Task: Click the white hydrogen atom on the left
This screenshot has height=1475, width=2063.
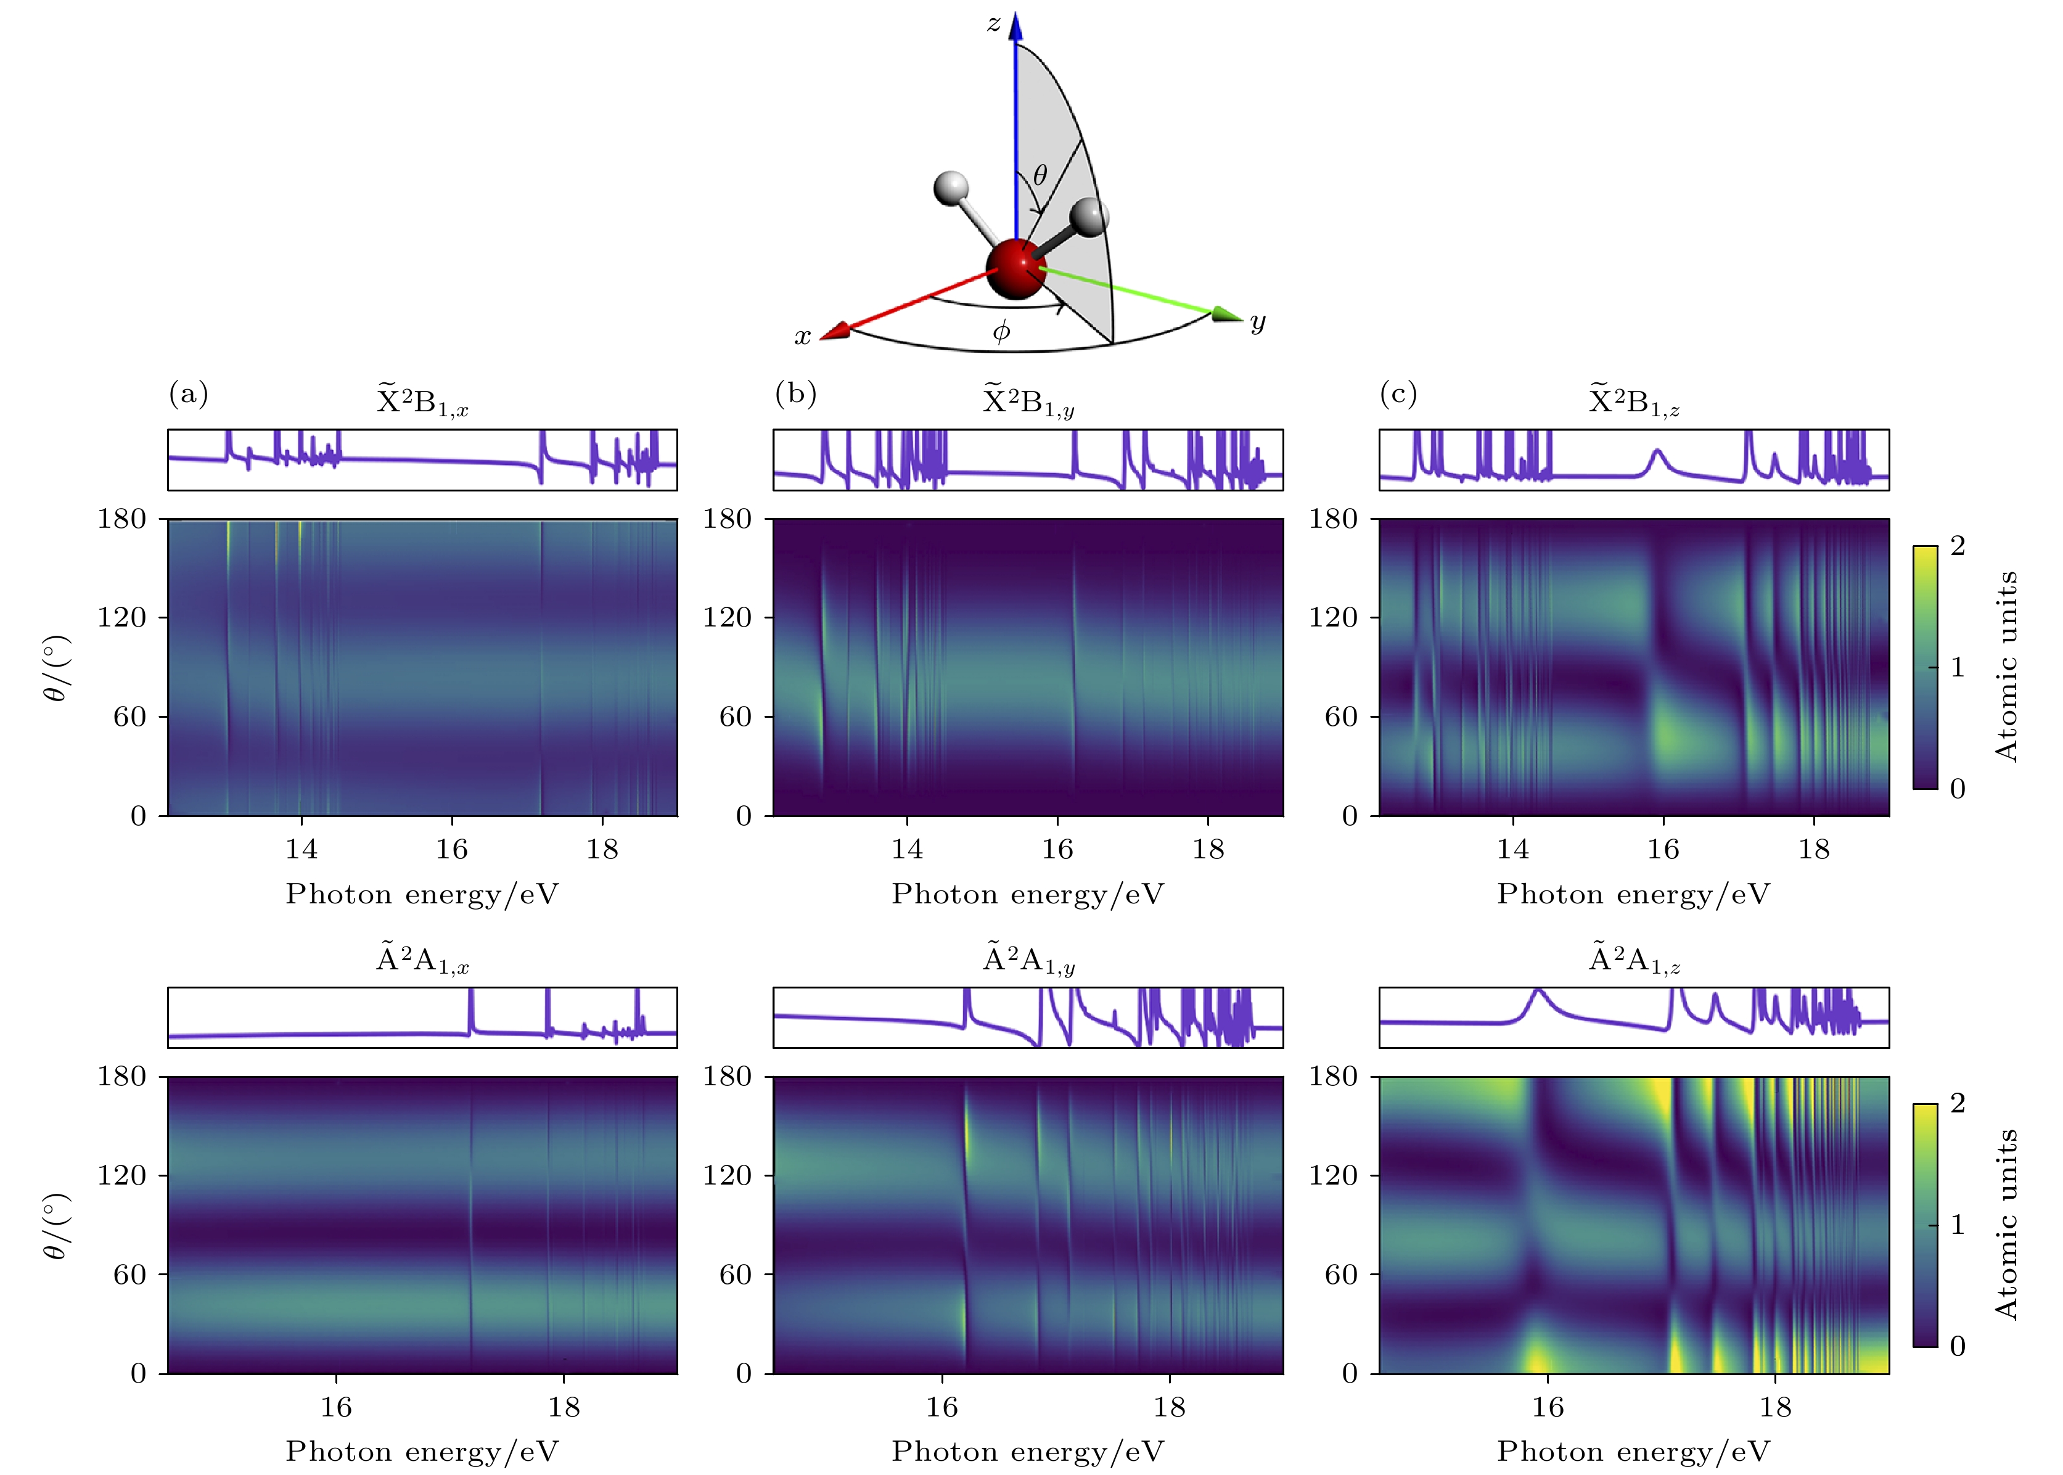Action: [951, 188]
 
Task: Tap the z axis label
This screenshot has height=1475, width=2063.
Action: [995, 23]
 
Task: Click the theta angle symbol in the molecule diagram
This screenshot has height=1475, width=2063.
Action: [1041, 175]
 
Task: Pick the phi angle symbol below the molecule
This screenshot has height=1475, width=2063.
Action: [1001, 332]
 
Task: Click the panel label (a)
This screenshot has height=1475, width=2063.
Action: [189, 393]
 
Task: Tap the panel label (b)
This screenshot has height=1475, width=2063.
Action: [795, 393]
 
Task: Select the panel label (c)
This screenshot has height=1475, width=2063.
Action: [1398, 393]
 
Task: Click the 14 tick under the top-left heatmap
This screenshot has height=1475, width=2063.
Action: [301, 849]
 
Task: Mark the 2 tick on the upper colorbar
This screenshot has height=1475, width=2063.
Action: [1958, 546]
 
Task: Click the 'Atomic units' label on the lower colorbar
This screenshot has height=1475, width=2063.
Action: [2007, 1224]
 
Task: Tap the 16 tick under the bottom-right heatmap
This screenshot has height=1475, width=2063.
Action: [1548, 1407]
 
